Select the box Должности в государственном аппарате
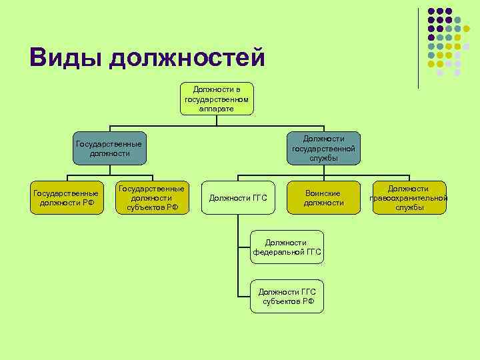(x=217, y=98)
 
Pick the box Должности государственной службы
(x=323, y=148)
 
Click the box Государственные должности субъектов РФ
(x=151, y=198)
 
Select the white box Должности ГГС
(x=238, y=198)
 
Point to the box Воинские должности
(x=323, y=198)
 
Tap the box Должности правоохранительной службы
(x=409, y=198)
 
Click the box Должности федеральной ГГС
(x=287, y=247)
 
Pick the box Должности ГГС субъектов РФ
(x=287, y=296)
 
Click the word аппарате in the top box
(x=217, y=108)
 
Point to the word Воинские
(x=323, y=193)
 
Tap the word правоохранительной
(x=409, y=198)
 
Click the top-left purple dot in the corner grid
(x=431, y=11)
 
